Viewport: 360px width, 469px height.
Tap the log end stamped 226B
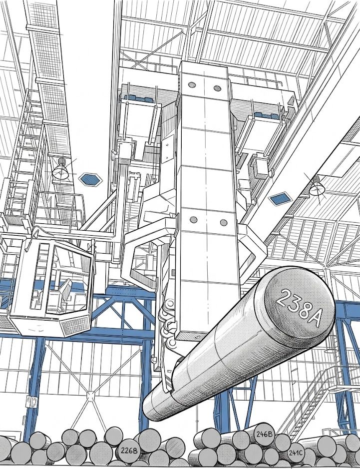129,450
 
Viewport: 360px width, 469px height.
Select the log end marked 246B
264,434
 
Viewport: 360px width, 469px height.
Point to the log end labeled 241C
295,452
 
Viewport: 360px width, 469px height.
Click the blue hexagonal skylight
90,179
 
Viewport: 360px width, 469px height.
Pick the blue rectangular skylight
280,199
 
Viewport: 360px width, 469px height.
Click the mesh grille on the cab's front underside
76,326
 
